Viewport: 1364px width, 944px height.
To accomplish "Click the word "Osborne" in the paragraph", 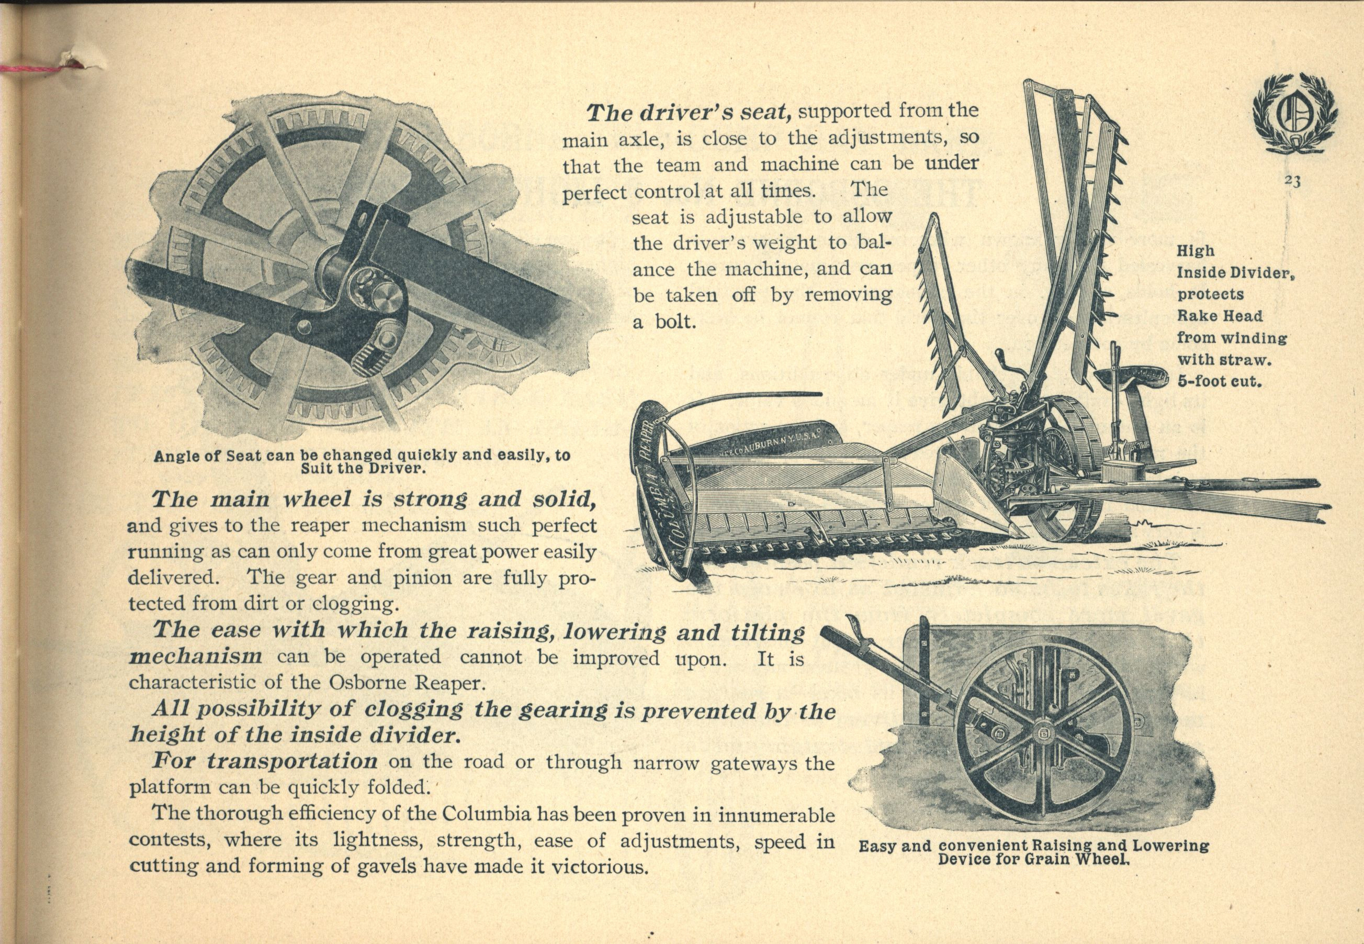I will pyautogui.click(x=379, y=683).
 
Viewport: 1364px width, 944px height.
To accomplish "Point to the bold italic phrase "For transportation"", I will pyautogui.click(x=265, y=761).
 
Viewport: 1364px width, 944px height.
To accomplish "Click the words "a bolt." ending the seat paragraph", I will pyautogui.click(x=662, y=322).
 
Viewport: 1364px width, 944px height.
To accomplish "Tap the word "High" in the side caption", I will pyautogui.click(x=1196, y=251).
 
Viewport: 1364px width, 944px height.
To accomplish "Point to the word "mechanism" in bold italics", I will pyautogui.click(x=196, y=657).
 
